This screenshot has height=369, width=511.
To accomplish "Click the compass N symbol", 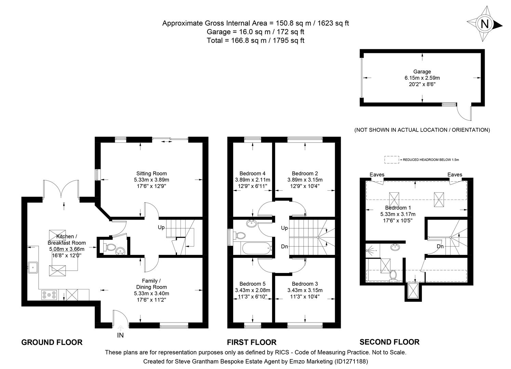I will [484, 24].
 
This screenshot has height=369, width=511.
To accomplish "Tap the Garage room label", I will [422, 72].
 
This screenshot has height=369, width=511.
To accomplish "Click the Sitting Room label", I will [151, 173].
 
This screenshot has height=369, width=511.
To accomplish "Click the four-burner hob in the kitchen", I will [49, 295].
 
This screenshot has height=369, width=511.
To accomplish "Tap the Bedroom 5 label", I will [252, 284].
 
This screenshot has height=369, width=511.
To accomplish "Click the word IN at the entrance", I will [120, 335].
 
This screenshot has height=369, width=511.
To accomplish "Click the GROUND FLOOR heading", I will [52, 342].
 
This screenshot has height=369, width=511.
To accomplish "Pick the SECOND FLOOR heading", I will [389, 342].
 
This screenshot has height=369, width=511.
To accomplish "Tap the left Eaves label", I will [377, 175].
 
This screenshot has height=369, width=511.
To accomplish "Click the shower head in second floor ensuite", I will [369, 251].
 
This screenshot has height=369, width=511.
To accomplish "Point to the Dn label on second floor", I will [440, 246].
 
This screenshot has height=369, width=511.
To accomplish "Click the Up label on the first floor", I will [284, 228].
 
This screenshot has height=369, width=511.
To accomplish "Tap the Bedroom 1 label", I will [398, 208].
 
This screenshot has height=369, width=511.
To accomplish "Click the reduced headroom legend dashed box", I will [391, 160].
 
